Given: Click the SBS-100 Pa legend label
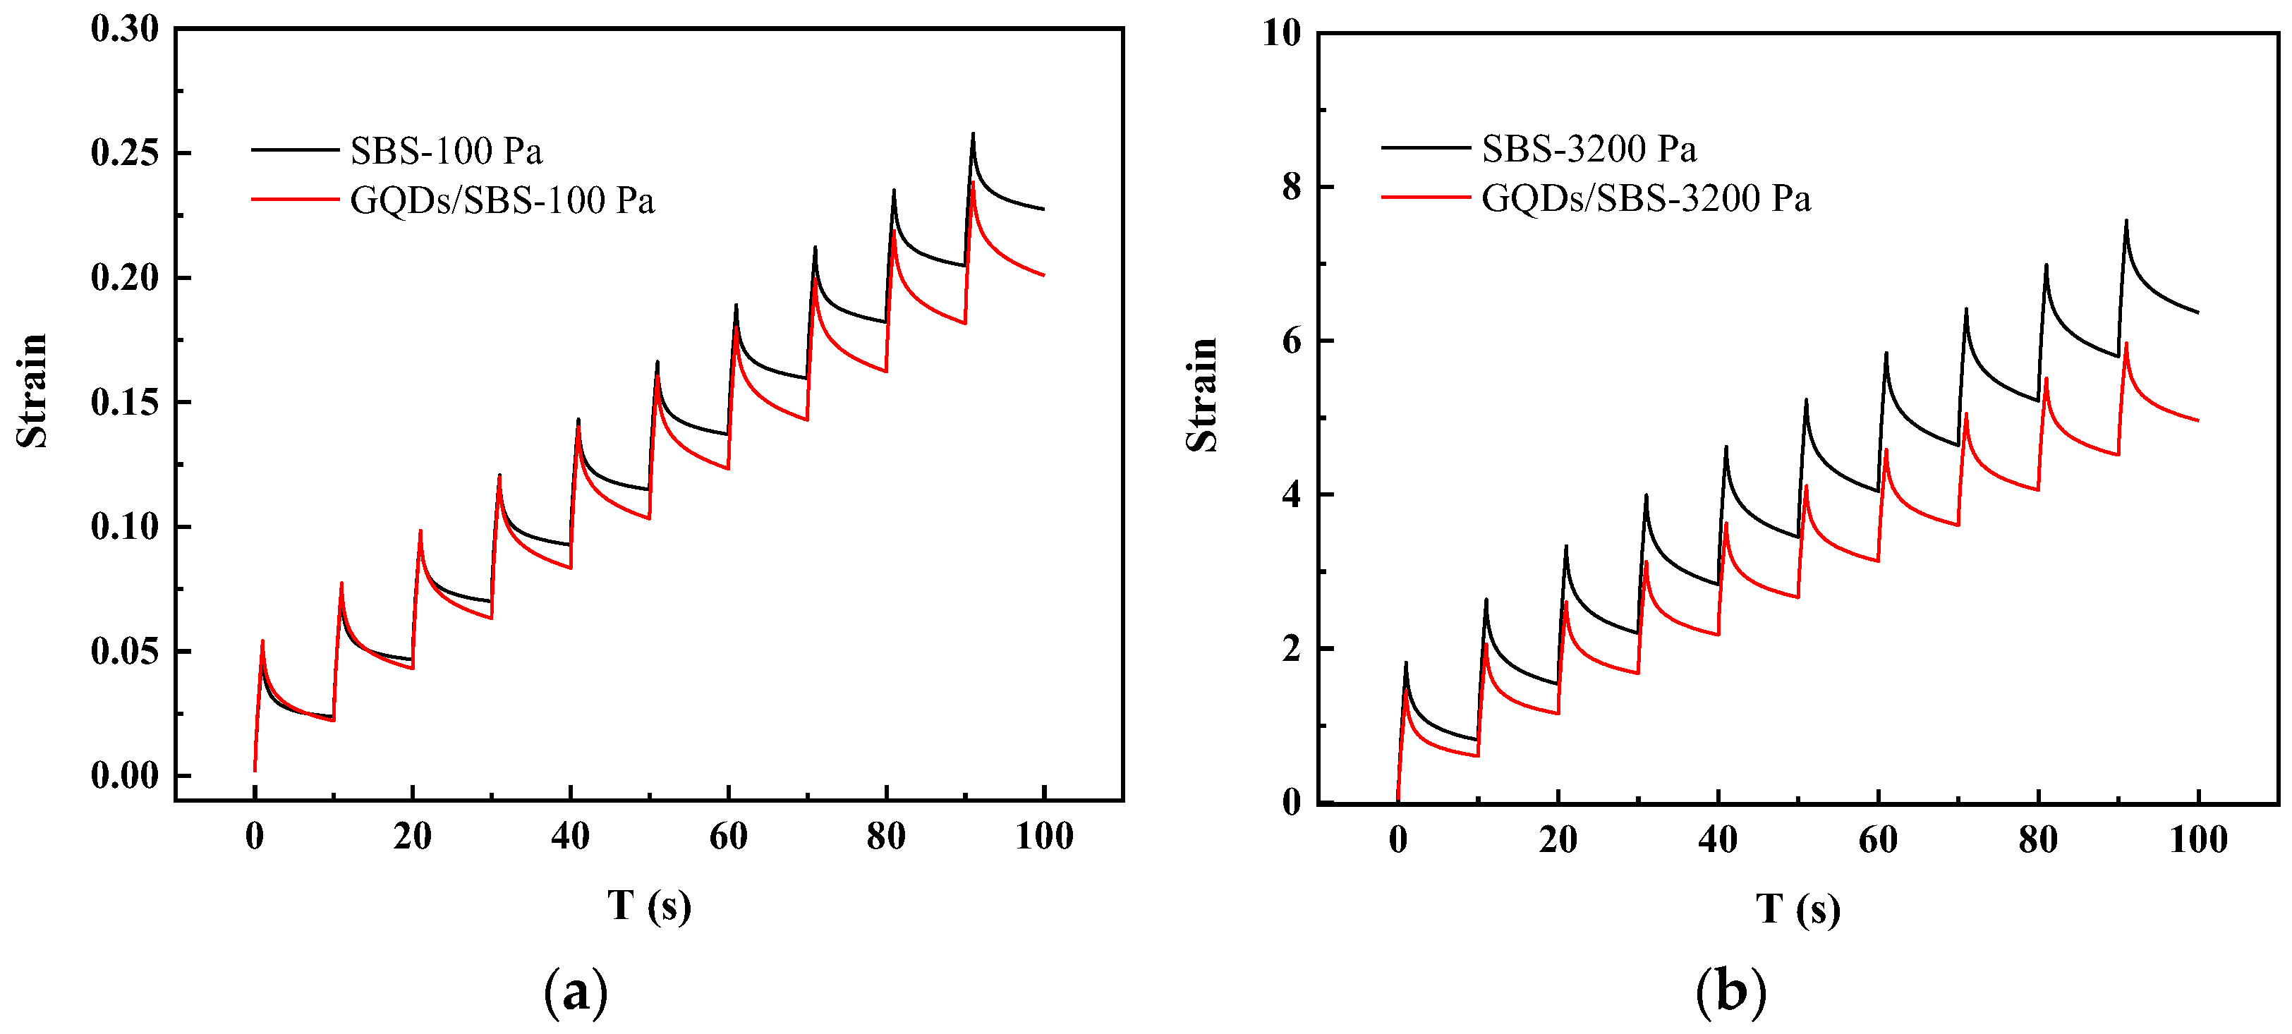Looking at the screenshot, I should pyautogui.click(x=446, y=151).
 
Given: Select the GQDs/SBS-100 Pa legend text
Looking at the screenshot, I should pyautogui.click(x=502, y=201).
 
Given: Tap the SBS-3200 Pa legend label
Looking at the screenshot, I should pyautogui.click(x=1588, y=150).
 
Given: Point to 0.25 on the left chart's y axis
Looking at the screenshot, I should pyautogui.click(x=125, y=153).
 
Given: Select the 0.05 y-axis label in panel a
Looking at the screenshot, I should pyautogui.click(x=125, y=652).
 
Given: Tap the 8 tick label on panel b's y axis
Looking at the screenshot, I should pyautogui.click(x=1291, y=187).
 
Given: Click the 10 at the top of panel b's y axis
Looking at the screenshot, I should pyautogui.click(x=1282, y=34).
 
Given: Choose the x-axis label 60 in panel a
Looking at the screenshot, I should pyautogui.click(x=728, y=837).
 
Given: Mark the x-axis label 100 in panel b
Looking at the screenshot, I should pyautogui.click(x=2197, y=840).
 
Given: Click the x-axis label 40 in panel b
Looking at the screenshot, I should pyautogui.click(x=1717, y=840).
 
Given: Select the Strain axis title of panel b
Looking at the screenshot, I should pyautogui.click(x=1201, y=395).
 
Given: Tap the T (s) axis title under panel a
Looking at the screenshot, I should pyautogui.click(x=648, y=906).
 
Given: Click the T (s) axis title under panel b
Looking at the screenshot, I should pyautogui.click(x=1797, y=909).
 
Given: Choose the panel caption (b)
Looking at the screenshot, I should pyautogui.click(x=1730, y=990).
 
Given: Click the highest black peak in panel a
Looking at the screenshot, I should pyautogui.click(x=973, y=135).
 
